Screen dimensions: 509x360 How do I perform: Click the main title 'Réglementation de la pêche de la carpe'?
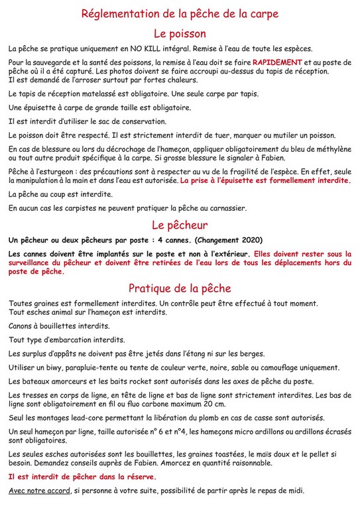click(180, 13)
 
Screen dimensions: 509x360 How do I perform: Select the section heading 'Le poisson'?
click(180, 33)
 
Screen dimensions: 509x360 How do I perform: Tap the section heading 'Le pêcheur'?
click(180, 225)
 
